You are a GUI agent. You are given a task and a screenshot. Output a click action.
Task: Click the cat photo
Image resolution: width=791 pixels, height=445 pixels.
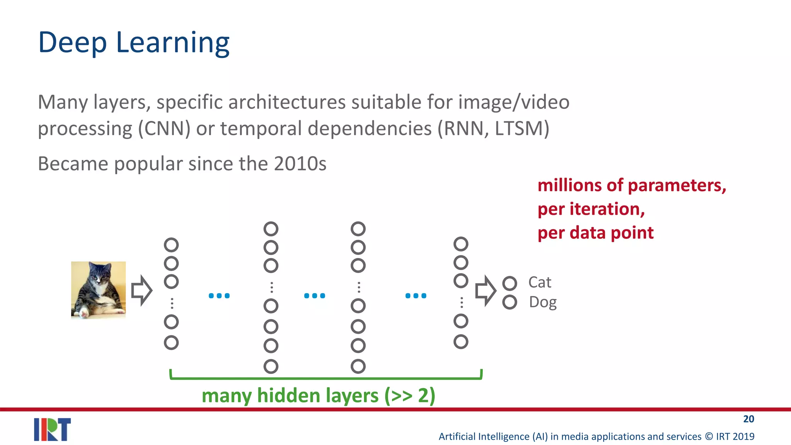tap(98, 290)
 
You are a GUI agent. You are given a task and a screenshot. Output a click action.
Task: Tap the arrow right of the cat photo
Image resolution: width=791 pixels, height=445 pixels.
tap(142, 290)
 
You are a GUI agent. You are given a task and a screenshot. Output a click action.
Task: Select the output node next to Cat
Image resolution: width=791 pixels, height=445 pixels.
tap(509, 284)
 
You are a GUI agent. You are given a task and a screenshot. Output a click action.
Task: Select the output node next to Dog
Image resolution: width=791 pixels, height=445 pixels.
tap(509, 302)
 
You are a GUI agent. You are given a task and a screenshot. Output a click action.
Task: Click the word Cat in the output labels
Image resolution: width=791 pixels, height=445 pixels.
tap(540, 282)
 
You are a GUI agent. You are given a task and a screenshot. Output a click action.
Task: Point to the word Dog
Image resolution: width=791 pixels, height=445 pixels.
tap(543, 302)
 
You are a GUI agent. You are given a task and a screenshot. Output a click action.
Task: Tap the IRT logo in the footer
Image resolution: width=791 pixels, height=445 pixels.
tap(53, 429)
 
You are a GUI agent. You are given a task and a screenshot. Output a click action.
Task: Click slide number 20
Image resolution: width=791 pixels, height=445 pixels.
tap(749, 419)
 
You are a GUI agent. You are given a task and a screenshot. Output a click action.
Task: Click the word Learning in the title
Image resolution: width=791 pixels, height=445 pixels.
tap(173, 42)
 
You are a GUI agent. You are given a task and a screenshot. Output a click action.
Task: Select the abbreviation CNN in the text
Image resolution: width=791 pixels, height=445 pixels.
tap(165, 129)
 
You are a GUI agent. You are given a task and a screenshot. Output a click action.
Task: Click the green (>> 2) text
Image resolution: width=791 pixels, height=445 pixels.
tap(410, 396)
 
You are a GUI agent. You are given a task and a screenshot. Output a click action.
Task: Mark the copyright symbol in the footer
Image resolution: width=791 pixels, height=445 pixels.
tap(709, 437)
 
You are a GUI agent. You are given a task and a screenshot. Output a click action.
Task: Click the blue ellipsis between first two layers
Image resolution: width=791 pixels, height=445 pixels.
tap(219, 296)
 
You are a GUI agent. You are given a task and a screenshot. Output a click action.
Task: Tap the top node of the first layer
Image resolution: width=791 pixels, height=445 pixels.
tap(171, 245)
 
